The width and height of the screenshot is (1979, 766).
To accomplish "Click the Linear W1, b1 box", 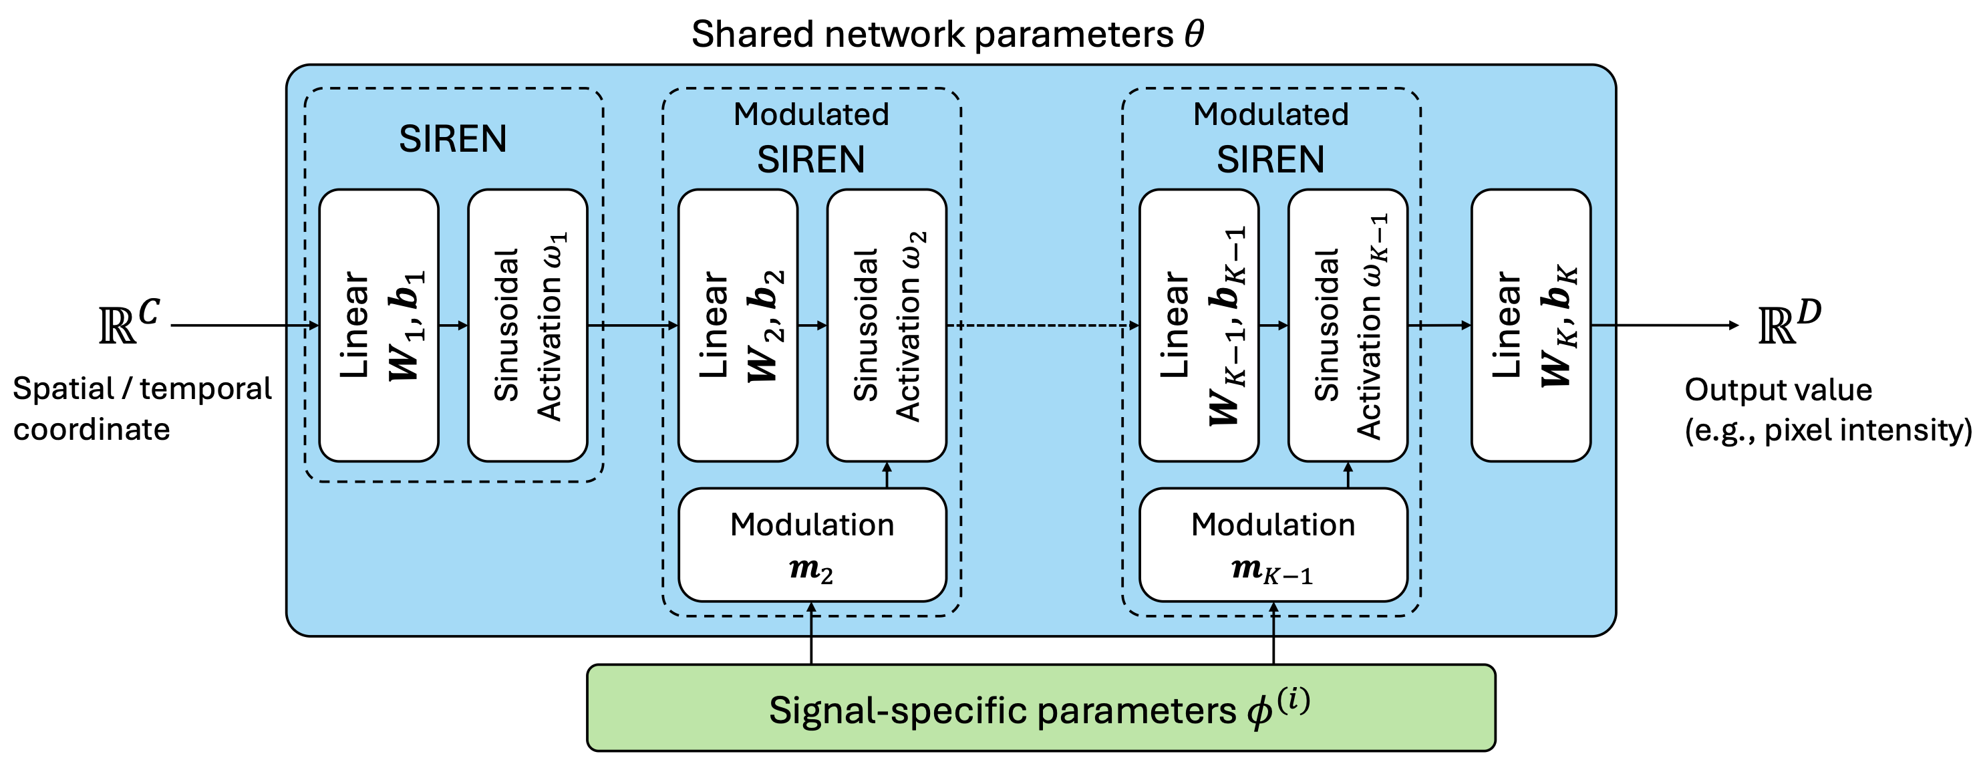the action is tap(379, 325).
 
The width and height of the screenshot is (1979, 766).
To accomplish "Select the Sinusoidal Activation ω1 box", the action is tap(528, 325).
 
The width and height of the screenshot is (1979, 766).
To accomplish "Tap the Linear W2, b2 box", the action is tap(738, 325).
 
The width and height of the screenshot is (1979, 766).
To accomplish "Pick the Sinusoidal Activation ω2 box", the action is tap(887, 325).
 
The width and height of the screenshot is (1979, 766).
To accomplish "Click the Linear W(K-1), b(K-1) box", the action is tap(1199, 325).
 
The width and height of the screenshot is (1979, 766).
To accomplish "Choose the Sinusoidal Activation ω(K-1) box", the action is tap(1348, 325).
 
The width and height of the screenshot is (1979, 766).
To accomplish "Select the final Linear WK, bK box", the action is tap(1530, 325).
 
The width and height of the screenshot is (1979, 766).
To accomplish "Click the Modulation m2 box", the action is tap(812, 545).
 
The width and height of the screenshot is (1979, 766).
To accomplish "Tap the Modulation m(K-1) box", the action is tap(1273, 545).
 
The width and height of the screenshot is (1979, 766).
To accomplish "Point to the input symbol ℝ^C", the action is tap(128, 321).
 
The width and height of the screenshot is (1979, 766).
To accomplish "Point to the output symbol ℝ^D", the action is tap(1789, 321).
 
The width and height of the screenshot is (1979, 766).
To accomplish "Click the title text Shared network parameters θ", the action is tap(947, 34).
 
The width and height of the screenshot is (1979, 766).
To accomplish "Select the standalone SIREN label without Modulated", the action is tap(452, 139).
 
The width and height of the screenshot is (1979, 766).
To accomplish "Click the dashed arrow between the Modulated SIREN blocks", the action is tap(1042, 325).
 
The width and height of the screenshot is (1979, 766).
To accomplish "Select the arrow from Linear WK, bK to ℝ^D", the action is tap(1665, 325).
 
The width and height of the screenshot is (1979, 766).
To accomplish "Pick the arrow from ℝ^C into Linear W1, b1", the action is tap(245, 325).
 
